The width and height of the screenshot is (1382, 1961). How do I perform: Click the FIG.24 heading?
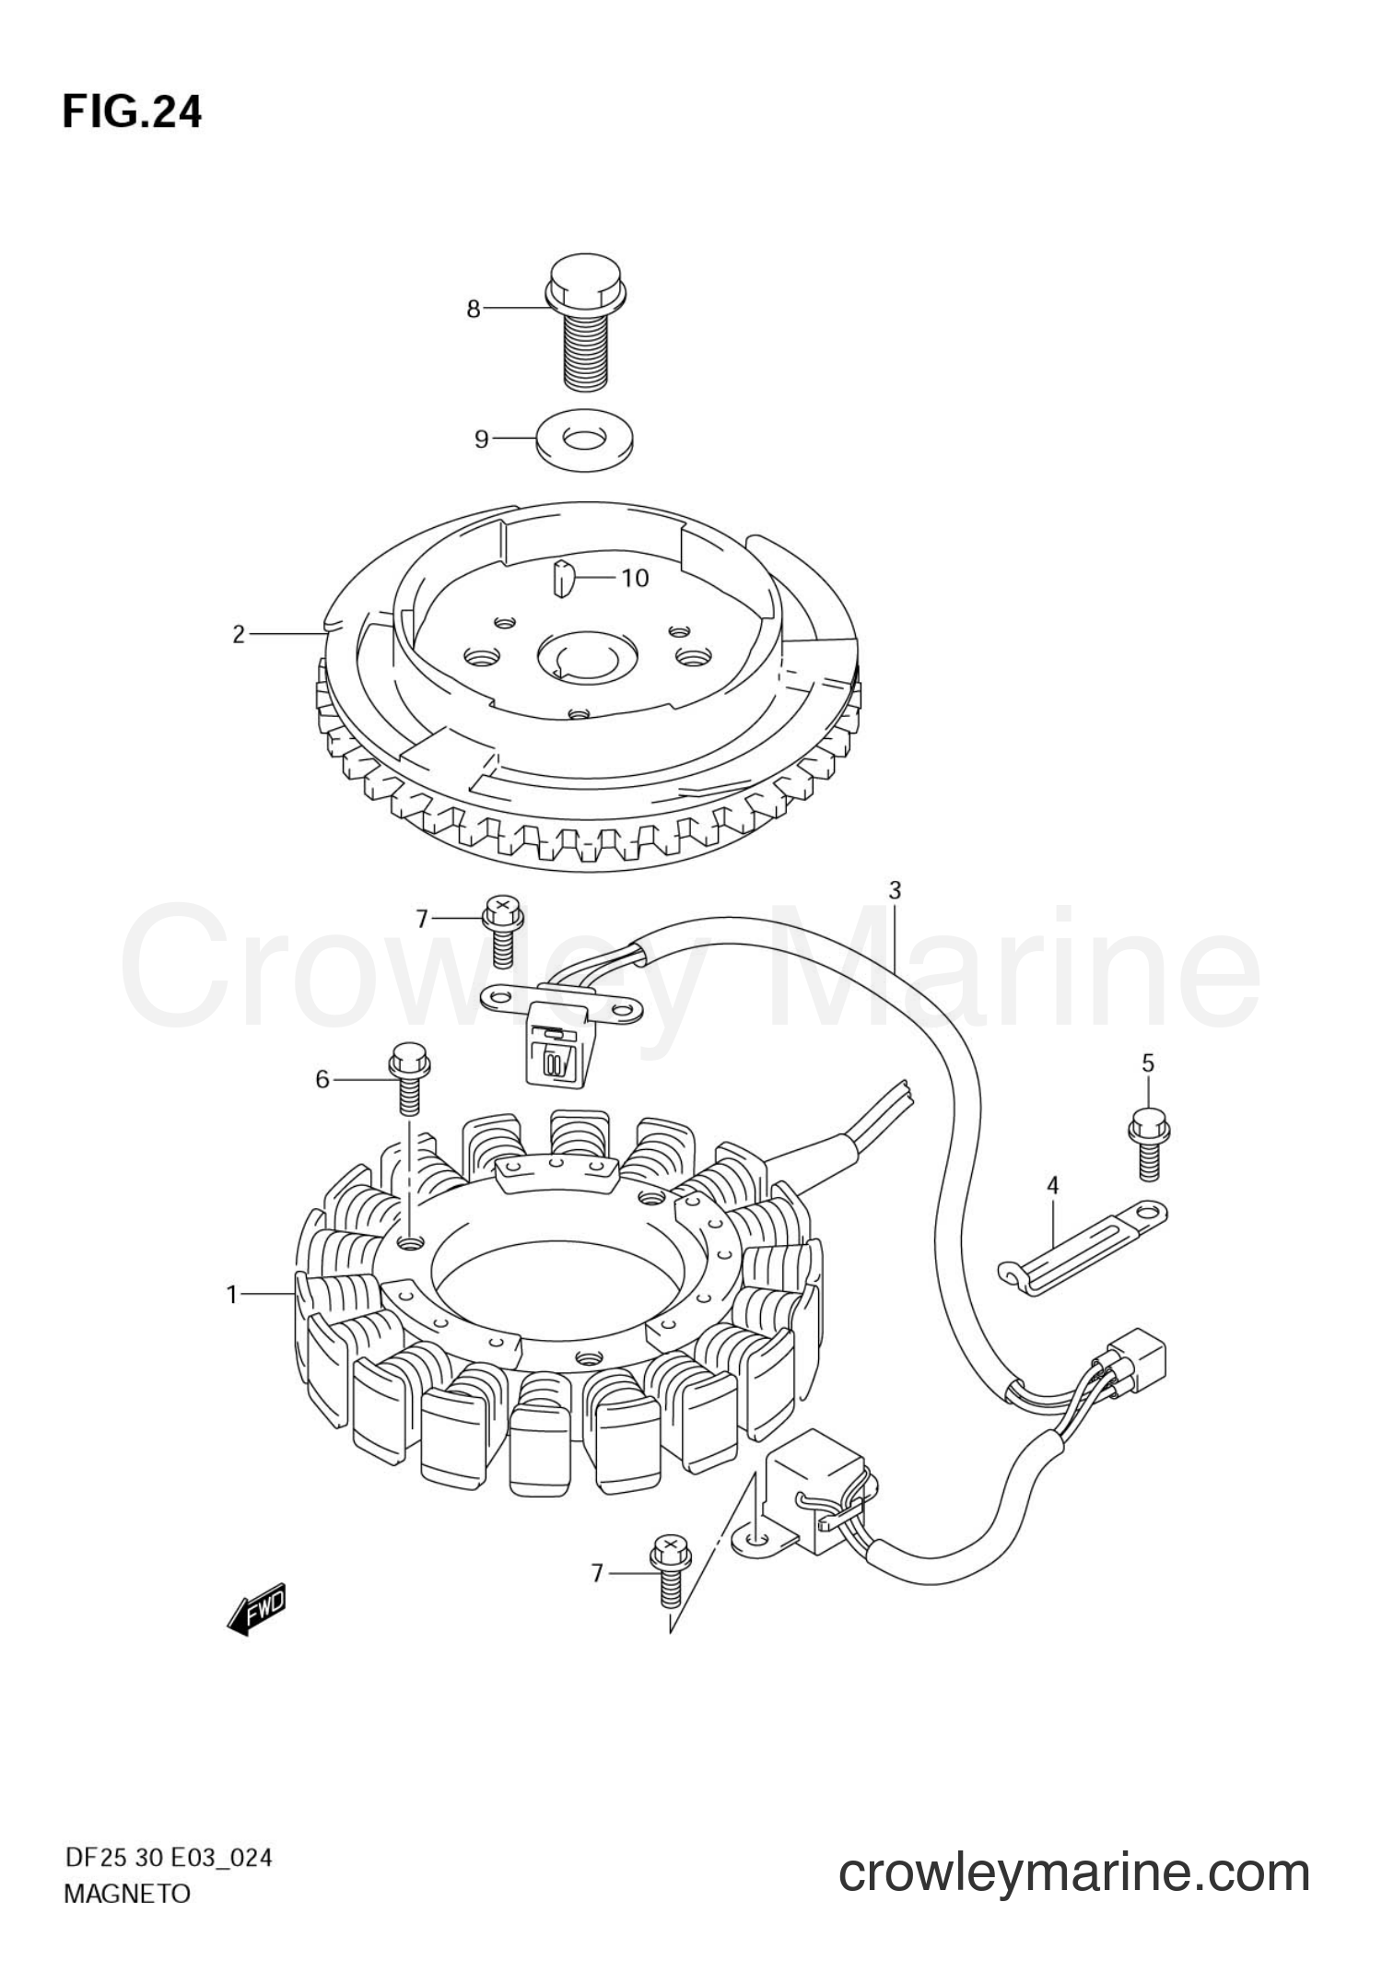(x=132, y=112)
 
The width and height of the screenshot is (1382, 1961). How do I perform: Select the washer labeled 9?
(x=578, y=437)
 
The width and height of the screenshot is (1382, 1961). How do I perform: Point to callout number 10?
(x=635, y=578)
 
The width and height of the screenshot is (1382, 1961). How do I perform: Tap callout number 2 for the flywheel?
(x=239, y=634)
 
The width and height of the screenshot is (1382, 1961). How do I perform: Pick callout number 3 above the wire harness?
(x=895, y=890)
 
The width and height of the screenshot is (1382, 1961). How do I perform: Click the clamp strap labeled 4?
(x=1083, y=1246)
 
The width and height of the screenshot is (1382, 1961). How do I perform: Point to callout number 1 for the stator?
(x=232, y=1295)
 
